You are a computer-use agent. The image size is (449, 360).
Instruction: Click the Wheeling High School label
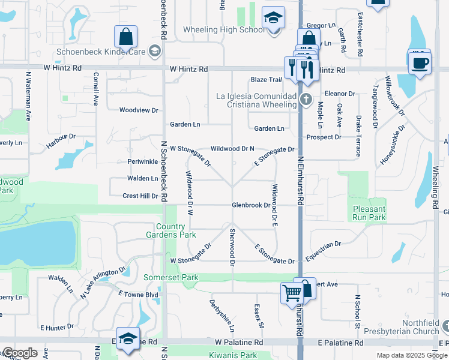[223, 30]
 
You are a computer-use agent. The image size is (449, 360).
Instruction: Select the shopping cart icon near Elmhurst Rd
[291, 293]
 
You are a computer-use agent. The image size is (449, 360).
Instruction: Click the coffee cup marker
[420, 62]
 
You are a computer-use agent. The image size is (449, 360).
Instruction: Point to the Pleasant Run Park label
[369, 213]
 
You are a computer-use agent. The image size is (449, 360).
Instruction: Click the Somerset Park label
[171, 278]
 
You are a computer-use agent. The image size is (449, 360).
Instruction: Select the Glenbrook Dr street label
[252, 205]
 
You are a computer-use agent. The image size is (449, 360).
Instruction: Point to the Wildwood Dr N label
[232, 148]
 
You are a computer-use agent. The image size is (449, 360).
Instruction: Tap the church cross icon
[306, 99]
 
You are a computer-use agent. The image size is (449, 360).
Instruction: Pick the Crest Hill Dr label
[140, 196]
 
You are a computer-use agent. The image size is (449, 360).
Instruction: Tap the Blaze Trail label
[266, 80]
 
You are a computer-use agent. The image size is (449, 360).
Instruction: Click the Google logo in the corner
[20, 353]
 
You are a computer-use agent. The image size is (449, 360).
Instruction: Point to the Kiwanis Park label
[232, 356]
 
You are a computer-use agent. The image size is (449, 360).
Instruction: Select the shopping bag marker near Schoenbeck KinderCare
[127, 37]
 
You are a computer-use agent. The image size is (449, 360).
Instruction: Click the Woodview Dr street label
[138, 110]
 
